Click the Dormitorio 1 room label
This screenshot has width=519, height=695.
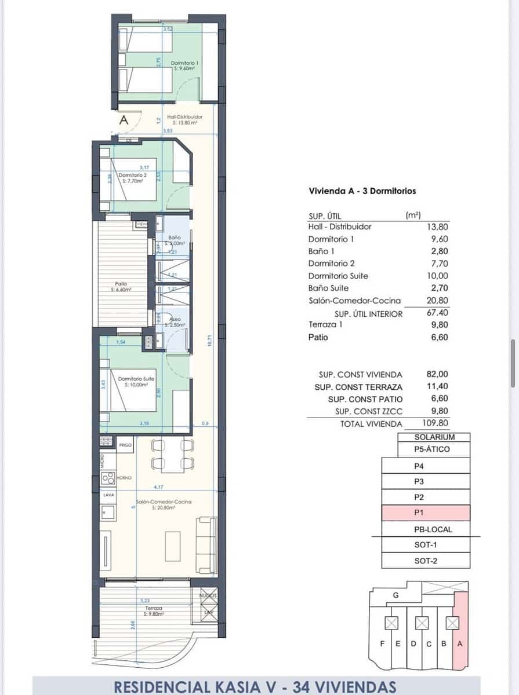[185, 65]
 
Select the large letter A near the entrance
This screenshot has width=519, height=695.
[124, 121]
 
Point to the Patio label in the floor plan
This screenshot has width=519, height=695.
[121, 286]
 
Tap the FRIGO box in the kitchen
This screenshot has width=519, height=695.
[125, 445]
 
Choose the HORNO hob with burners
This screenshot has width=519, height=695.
[108, 478]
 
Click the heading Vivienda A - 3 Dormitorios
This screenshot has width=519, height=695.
[362, 191]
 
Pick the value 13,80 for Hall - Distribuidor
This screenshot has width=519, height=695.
[438, 226]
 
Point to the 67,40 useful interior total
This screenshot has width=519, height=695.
[438, 313]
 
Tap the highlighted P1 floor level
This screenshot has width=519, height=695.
[425, 513]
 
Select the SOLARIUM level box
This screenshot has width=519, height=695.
[434, 437]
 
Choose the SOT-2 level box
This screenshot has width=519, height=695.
[425, 561]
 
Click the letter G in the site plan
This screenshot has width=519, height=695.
[395, 595]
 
